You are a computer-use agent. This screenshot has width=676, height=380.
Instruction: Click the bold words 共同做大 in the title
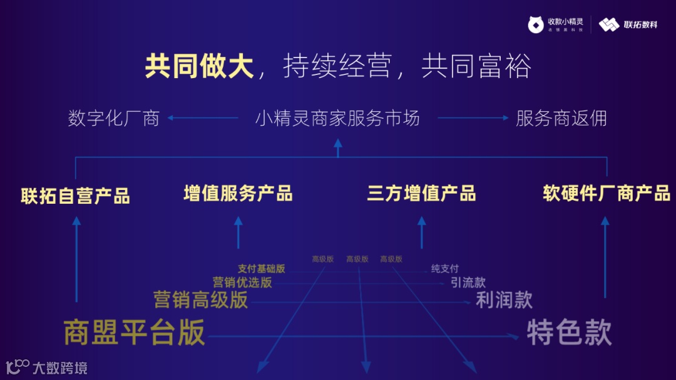(x=199, y=66)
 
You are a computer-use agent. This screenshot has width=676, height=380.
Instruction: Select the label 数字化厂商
(x=114, y=118)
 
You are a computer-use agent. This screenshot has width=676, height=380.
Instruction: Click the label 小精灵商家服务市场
(x=337, y=118)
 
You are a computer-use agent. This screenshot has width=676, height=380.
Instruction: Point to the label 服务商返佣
(x=561, y=118)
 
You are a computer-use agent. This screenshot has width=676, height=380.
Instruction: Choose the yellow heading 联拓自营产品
(x=76, y=196)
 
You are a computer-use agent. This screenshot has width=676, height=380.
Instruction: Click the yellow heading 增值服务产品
(x=238, y=193)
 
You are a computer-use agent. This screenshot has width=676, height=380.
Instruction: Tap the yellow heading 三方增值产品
(x=421, y=193)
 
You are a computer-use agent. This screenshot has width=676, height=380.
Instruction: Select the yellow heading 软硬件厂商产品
(x=606, y=193)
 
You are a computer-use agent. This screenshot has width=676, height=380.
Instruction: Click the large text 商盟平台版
(x=135, y=332)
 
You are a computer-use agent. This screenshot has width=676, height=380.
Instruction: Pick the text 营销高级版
(x=201, y=300)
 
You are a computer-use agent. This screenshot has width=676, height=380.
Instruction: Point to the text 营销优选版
(x=242, y=282)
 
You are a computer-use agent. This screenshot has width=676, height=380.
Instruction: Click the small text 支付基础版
(x=261, y=269)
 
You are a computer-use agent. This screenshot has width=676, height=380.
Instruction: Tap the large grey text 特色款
(x=568, y=332)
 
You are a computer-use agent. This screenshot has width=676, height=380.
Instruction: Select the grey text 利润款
(x=504, y=300)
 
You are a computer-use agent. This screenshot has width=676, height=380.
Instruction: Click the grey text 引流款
(x=468, y=282)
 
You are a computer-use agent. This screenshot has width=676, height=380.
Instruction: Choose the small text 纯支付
(x=444, y=269)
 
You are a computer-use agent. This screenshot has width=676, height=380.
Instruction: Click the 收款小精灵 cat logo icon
(x=536, y=24)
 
